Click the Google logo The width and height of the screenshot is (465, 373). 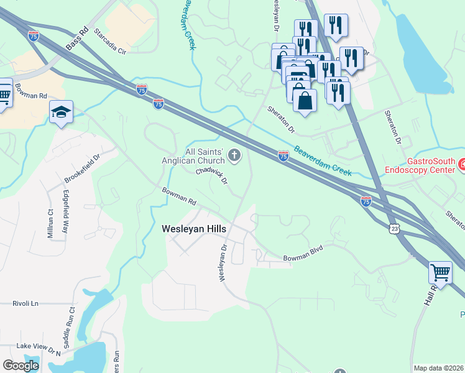pos(21,366)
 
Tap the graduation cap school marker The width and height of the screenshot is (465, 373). pos(61,112)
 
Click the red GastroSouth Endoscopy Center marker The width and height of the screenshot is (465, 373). pos(462,165)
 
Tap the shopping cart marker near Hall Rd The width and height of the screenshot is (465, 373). pos(440,272)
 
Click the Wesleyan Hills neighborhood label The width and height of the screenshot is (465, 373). pos(194,229)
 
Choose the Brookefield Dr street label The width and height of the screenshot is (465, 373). pos(82,169)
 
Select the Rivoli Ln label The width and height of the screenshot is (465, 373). pos(25,303)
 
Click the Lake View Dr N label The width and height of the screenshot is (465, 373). pos(39,348)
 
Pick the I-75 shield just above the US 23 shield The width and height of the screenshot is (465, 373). pos(366,201)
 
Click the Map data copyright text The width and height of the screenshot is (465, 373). pos(438,367)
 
